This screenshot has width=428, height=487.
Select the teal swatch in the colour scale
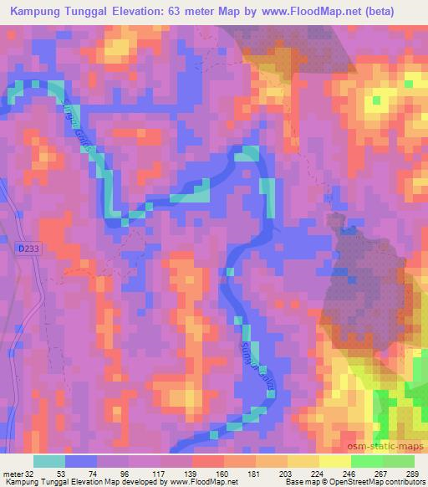(x=49, y=461)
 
